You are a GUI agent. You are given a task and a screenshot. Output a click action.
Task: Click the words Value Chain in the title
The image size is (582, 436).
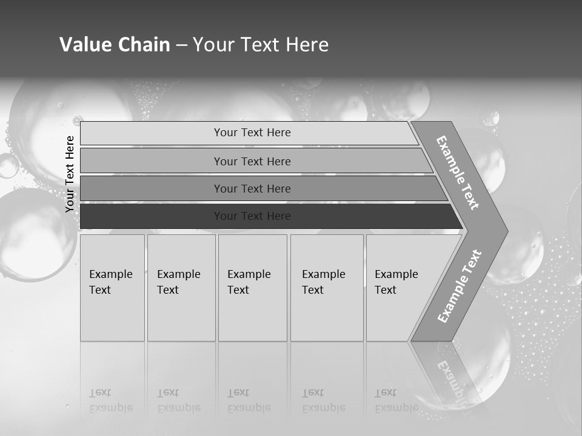(115, 45)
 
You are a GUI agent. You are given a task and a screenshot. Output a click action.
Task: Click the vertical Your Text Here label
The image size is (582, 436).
(70, 174)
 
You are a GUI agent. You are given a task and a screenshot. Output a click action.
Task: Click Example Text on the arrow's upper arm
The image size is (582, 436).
(458, 173)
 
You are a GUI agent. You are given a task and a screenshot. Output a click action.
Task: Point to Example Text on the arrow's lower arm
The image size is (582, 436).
(460, 286)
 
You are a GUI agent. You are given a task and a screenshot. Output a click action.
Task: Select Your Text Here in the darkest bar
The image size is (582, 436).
(252, 216)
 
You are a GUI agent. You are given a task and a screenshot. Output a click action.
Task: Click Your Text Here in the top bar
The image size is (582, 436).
(252, 133)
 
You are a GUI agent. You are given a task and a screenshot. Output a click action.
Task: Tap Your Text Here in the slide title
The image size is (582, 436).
(261, 45)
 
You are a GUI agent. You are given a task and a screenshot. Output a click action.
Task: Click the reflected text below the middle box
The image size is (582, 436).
(249, 400)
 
